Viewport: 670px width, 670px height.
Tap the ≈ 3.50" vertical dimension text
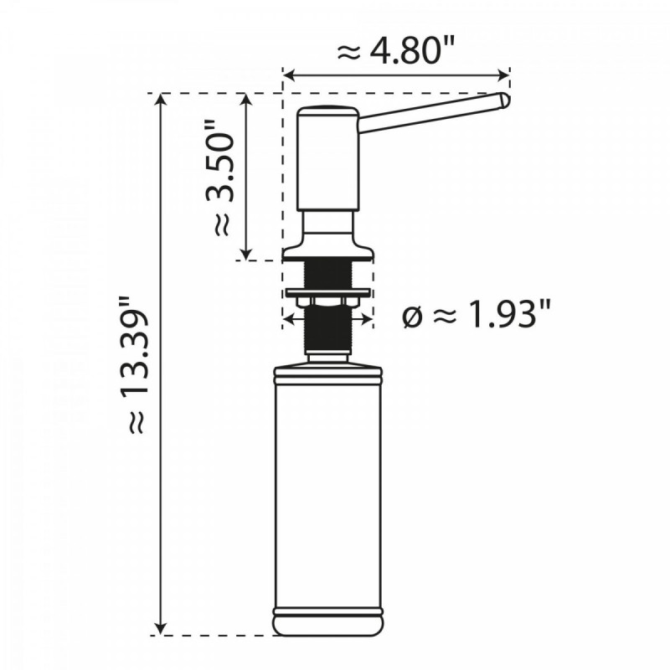219,182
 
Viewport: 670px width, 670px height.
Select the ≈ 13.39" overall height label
134,364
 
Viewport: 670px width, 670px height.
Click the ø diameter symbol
412,319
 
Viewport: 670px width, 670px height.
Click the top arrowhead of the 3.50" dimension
245,100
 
